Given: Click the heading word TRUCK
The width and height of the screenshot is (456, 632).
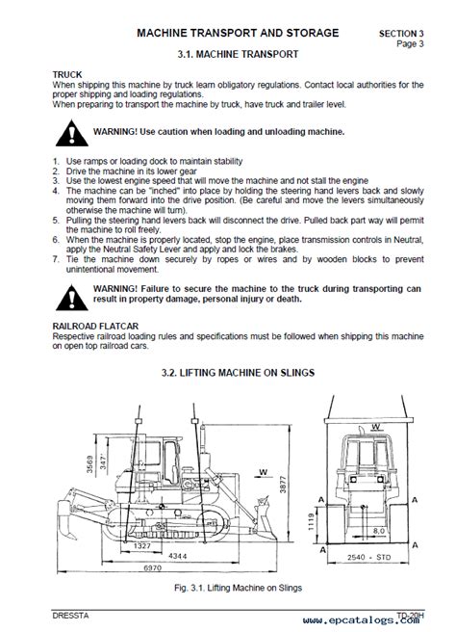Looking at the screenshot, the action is pyautogui.click(x=67, y=75).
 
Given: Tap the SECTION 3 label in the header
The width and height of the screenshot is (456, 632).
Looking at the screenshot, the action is pyautogui.click(x=401, y=34).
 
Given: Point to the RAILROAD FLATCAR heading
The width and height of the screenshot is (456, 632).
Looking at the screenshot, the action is pyautogui.click(x=95, y=326).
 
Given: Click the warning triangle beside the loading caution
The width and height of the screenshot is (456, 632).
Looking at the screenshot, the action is pyautogui.click(x=71, y=133).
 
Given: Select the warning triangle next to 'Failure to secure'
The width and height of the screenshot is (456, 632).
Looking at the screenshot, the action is pyautogui.click(x=71, y=298).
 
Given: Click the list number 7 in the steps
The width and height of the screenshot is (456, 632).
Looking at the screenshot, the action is pyautogui.click(x=56, y=259).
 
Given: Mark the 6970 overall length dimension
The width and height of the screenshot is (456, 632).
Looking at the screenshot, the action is pyautogui.click(x=153, y=567).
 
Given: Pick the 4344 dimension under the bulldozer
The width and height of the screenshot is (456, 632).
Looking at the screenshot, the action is pyautogui.click(x=177, y=556).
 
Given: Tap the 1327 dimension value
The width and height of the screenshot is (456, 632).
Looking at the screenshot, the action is pyautogui.click(x=141, y=545).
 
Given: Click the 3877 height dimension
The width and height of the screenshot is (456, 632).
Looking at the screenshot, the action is pyautogui.click(x=283, y=485).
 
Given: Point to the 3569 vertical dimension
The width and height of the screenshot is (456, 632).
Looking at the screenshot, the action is pyautogui.click(x=89, y=464).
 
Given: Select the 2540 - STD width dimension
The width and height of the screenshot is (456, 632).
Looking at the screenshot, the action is pyautogui.click(x=368, y=558).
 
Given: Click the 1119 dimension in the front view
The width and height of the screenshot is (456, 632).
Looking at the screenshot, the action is pyautogui.click(x=311, y=522).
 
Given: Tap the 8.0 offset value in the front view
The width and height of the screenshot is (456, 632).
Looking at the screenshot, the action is pyautogui.click(x=379, y=531).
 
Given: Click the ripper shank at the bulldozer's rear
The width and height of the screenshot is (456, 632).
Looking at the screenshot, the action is pyautogui.click(x=66, y=520).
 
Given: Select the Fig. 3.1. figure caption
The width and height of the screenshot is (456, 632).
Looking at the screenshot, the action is pyautogui.click(x=238, y=588).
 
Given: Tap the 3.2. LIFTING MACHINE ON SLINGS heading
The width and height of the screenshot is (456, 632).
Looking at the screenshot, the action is pyautogui.click(x=238, y=373).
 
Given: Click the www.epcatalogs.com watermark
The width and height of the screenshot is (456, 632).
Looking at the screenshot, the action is pyautogui.click(x=361, y=619).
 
